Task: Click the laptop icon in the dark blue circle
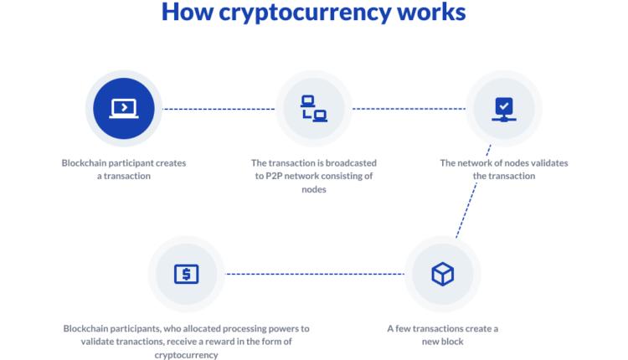(124, 108)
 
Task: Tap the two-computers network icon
(314, 108)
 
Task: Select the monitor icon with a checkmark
(503, 108)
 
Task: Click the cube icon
(442, 274)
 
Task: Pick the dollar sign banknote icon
(186, 274)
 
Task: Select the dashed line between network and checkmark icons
(409, 109)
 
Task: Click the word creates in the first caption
(172, 162)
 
